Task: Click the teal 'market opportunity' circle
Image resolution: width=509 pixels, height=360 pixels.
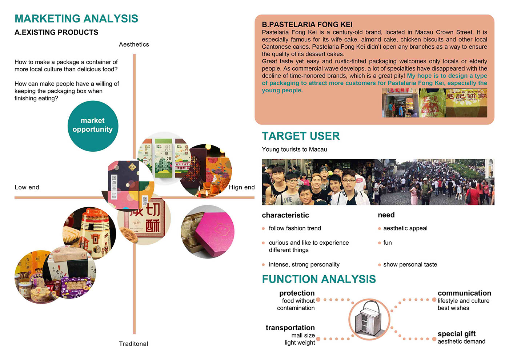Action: [x=93, y=126]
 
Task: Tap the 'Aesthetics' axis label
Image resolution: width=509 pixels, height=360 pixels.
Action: [x=134, y=44]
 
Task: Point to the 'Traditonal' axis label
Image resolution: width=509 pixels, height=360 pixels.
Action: [x=133, y=344]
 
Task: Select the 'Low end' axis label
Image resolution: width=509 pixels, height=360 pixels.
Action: [x=27, y=187]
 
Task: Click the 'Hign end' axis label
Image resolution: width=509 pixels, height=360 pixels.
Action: [x=242, y=187]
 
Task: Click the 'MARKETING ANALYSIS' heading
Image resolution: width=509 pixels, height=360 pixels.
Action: [x=76, y=19]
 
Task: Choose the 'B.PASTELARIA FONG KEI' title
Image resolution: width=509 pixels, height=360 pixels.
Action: [x=307, y=24]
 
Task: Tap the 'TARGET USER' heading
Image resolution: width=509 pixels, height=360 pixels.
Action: [x=301, y=136]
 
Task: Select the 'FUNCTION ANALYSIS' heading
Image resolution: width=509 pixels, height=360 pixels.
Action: [x=319, y=279]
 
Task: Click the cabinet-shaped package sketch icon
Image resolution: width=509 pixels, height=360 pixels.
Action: [x=369, y=319]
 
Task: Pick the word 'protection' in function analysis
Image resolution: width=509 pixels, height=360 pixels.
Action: [x=297, y=293]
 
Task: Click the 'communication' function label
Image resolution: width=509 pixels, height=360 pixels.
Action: [x=464, y=293]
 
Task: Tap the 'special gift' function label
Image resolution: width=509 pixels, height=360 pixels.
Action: [x=457, y=334]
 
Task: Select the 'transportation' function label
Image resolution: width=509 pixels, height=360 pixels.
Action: [x=290, y=328]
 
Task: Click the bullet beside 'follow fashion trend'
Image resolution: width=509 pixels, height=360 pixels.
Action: [x=263, y=229]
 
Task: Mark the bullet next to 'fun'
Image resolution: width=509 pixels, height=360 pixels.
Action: [x=380, y=243]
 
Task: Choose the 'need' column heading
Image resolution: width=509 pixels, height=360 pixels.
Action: [x=386, y=215]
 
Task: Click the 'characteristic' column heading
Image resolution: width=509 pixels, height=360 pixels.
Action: [x=285, y=215]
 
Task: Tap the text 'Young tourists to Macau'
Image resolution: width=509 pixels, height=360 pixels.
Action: [x=294, y=149]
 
